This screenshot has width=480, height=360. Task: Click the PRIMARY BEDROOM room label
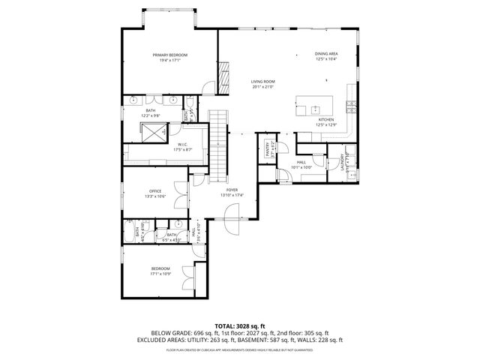(169, 55)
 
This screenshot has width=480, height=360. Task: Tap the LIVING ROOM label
(263, 81)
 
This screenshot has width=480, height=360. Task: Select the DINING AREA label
(325, 55)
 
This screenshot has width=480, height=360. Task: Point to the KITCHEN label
(325, 119)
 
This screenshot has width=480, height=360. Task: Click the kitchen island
(314, 103)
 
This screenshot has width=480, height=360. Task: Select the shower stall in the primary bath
(154, 132)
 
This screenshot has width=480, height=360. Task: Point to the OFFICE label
(154, 190)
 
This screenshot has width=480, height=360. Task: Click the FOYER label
(232, 190)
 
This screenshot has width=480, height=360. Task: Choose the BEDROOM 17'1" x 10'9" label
(160, 268)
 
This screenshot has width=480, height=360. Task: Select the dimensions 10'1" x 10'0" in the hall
(301, 167)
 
